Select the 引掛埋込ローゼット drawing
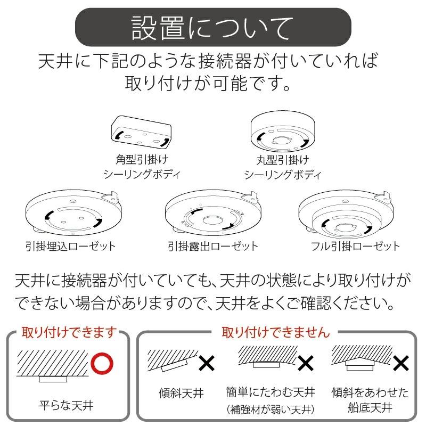click(x=71, y=214)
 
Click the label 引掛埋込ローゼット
click(x=70, y=246)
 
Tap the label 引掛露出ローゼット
click(x=212, y=246)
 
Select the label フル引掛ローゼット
click(x=355, y=246)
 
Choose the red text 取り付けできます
click(x=68, y=333)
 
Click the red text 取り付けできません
click(x=275, y=333)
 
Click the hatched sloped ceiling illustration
click(x=170, y=361)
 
